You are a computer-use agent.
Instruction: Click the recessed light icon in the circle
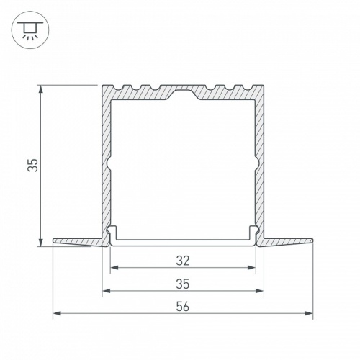[x=30, y=30]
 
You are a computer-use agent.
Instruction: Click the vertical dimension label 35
[x=33, y=165]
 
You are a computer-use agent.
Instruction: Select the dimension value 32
[x=183, y=261]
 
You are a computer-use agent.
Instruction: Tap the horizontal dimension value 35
[x=183, y=284]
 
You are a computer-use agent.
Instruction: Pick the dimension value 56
[x=183, y=307]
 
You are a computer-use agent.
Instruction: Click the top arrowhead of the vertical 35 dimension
[x=41, y=89]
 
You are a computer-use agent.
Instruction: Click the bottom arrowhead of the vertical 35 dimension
[x=41, y=242]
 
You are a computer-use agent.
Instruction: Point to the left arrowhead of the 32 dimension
[x=114, y=268]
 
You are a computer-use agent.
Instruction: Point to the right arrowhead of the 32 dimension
[x=251, y=268]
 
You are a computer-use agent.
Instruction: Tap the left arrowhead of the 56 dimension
[x=57, y=313]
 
